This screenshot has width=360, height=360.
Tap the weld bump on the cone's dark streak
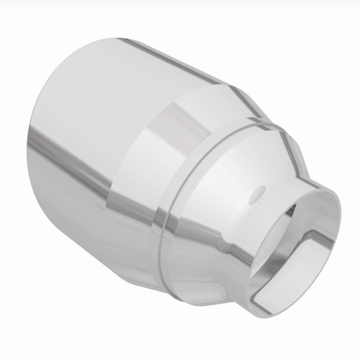[x=221, y=244]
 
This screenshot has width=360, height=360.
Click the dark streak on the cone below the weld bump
[x=211, y=265]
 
